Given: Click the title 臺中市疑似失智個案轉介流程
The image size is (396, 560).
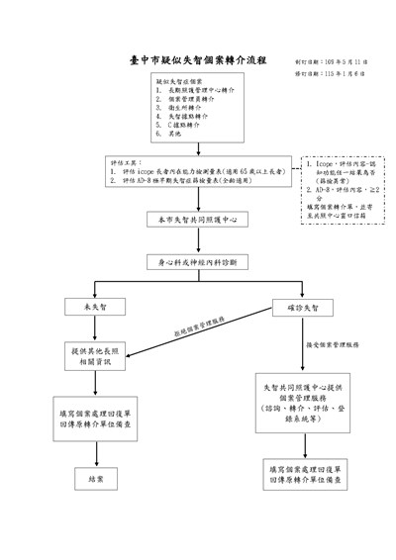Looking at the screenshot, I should click(x=198, y=60).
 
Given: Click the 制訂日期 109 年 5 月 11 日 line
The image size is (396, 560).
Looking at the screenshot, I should click(x=332, y=60).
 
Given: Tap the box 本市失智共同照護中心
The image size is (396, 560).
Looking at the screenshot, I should click(x=198, y=219).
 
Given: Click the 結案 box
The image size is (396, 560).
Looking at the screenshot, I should click(x=97, y=479).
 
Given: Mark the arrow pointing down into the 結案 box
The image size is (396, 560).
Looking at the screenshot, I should click(x=97, y=451).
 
